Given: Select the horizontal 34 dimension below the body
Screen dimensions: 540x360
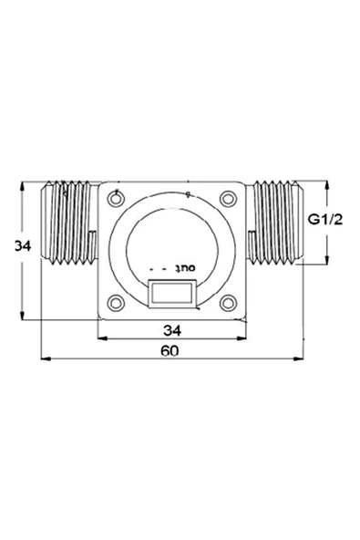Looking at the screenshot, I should click(x=170, y=328).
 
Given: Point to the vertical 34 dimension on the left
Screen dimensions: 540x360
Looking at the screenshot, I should click(x=12, y=245).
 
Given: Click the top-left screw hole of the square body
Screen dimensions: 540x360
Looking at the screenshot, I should click(x=115, y=198).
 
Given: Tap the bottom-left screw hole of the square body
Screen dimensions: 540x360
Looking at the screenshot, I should click(x=115, y=304).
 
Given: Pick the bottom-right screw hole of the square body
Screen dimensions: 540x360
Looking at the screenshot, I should click(x=227, y=304).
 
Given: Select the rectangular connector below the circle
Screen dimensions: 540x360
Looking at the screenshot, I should click(x=170, y=295).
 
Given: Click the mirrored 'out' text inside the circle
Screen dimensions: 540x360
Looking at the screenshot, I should click(x=185, y=269).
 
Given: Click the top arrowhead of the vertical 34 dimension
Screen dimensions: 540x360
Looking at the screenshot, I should click(x=22, y=184).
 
